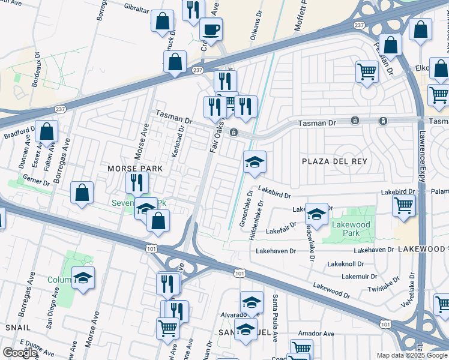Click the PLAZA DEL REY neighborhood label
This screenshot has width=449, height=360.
(x=334, y=161)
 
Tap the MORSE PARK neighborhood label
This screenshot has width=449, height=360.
(x=135, y=169)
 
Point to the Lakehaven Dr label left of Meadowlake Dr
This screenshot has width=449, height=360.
(x=276, y=251)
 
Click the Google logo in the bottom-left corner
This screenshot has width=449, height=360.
(x=20, y=353)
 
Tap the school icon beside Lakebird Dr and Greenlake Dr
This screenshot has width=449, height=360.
(x=255, y=162)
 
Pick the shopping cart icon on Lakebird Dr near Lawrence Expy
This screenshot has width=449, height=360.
(x=404, y=205)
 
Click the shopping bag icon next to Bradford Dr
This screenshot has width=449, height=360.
(x=46, y=131)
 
